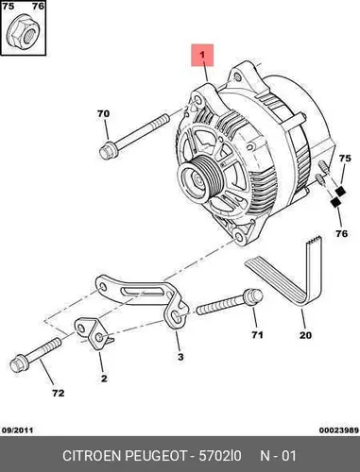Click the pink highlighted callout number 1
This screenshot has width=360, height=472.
(202, 55)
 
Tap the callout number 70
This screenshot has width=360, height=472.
(103, 113)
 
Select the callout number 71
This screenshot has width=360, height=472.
(257, 335)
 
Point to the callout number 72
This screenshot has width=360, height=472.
(59, 393)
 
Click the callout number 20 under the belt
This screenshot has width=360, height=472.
(305, 335)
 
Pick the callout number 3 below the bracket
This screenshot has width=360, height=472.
(180, 357)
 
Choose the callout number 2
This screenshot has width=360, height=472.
(104, 379)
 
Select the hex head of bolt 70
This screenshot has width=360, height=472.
(108, 151)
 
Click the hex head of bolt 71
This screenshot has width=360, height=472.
(253, 296)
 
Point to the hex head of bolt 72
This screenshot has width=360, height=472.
(20, 364)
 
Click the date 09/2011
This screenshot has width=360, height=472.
(17, 430)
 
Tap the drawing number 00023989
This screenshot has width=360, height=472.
(339, 430)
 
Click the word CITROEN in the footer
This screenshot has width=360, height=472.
(92, 456)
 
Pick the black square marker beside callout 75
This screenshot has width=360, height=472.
(340, 192)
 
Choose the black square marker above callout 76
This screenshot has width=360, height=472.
(335, 202)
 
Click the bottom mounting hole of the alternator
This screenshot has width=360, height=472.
(239, 235)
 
